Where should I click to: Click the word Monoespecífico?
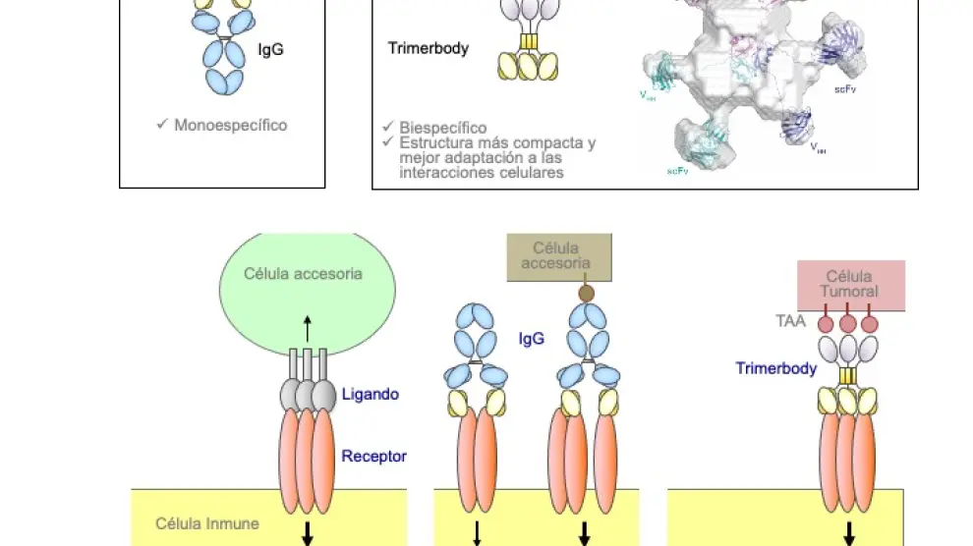[230, 126]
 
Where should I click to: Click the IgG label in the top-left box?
[270, 49]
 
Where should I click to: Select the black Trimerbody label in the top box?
[429, 47]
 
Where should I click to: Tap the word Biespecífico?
[442, 128]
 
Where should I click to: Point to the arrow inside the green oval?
[308, 327]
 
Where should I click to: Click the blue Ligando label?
[370, 394]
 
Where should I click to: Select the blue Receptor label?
[373, 456]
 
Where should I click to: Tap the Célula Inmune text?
[207, 523]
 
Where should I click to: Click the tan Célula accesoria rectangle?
[556, 256]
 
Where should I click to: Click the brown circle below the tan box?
[587, 292]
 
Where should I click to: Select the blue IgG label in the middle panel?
[532, 339]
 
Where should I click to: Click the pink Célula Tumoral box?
[851, 284]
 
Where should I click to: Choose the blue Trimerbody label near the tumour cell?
[776, 368]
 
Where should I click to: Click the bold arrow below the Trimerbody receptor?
[849, 532]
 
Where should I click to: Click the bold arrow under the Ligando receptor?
[308, 532]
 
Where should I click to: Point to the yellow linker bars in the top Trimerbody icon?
[530, 42]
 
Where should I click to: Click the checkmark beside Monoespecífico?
[162, 125]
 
